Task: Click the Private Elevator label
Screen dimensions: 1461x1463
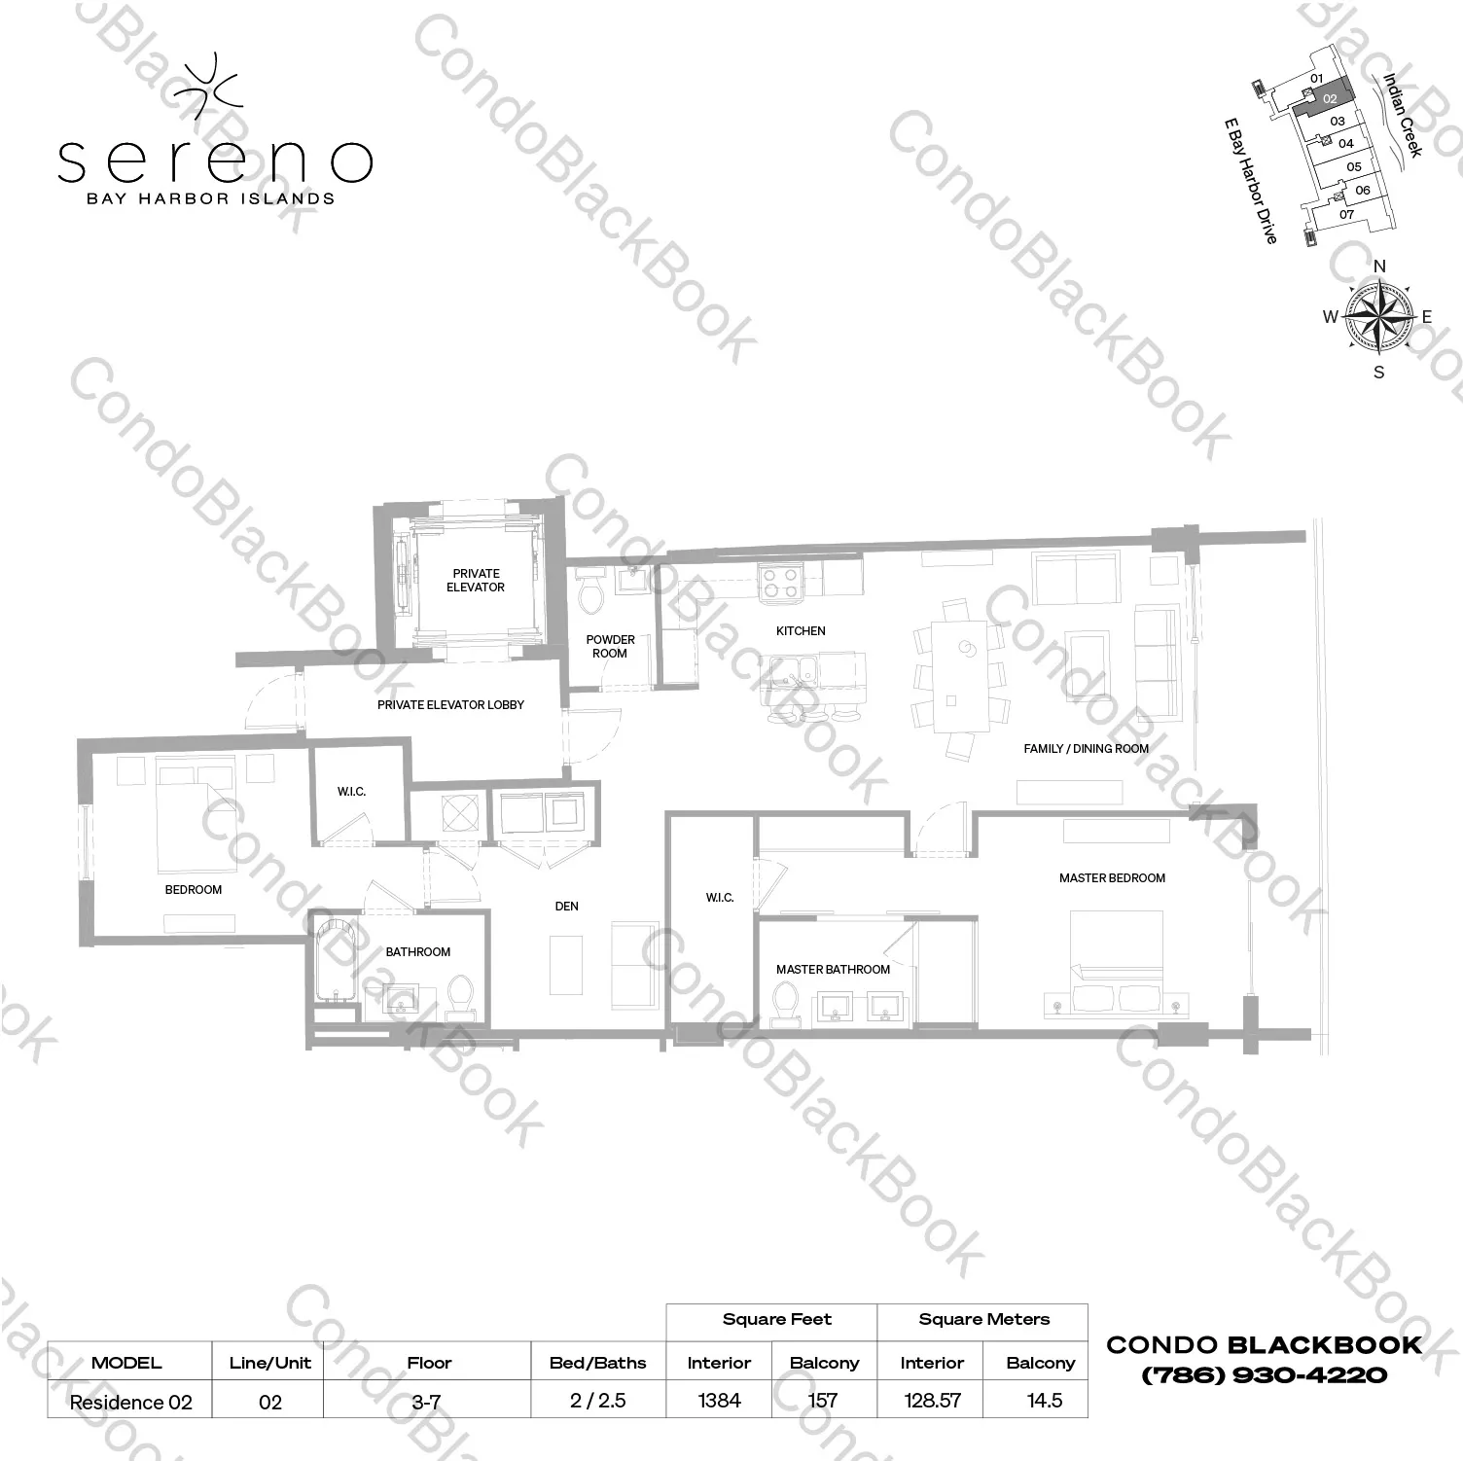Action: point(475,581)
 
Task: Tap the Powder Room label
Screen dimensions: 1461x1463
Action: point(610,647)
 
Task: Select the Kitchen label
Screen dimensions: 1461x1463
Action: point(801,631)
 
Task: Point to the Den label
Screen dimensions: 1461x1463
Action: point(566,907)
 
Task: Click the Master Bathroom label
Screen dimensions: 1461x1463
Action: point(833,970)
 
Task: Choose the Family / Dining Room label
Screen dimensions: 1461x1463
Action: point(1086,749)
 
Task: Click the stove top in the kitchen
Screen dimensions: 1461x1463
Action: point(779,582)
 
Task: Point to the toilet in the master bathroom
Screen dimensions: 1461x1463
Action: point(784,1001)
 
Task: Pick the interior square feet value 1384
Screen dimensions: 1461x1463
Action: point(719,1401)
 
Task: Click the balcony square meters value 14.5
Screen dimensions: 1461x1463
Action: point(1044,1401)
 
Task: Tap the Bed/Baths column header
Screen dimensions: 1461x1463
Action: point(597,1363)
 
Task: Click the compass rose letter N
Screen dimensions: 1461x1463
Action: point(1378,266)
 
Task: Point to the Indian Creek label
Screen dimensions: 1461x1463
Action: point(1403,115)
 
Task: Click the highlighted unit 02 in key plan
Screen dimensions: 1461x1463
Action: point(1330,98)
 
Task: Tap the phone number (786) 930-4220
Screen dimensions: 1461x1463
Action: point(1264,1375)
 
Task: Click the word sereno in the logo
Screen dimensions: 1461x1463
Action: point(214,161)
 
